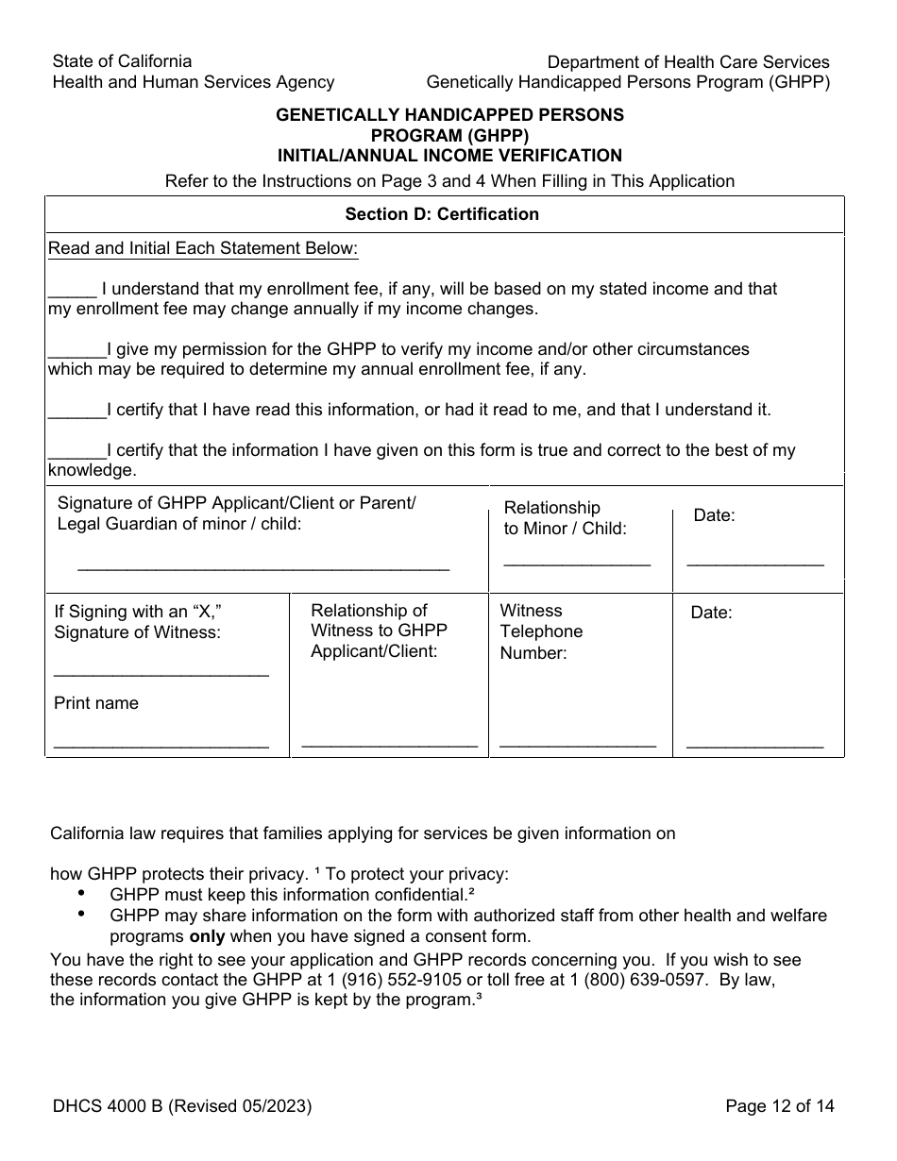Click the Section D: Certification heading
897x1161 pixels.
[442, 214]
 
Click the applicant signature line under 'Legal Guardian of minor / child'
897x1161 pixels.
[262, 567]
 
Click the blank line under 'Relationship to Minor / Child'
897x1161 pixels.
[577, 563]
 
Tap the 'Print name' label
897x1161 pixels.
[96, 703]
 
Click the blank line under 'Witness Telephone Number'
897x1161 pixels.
[577, 745]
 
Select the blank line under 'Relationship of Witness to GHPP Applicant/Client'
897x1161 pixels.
[389, 745]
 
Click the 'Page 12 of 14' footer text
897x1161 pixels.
[780, 1106]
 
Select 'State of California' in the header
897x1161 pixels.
[122, 61]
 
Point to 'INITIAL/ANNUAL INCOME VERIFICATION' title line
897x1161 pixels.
[449, 156]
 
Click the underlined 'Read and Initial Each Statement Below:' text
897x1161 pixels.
[203, 249]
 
